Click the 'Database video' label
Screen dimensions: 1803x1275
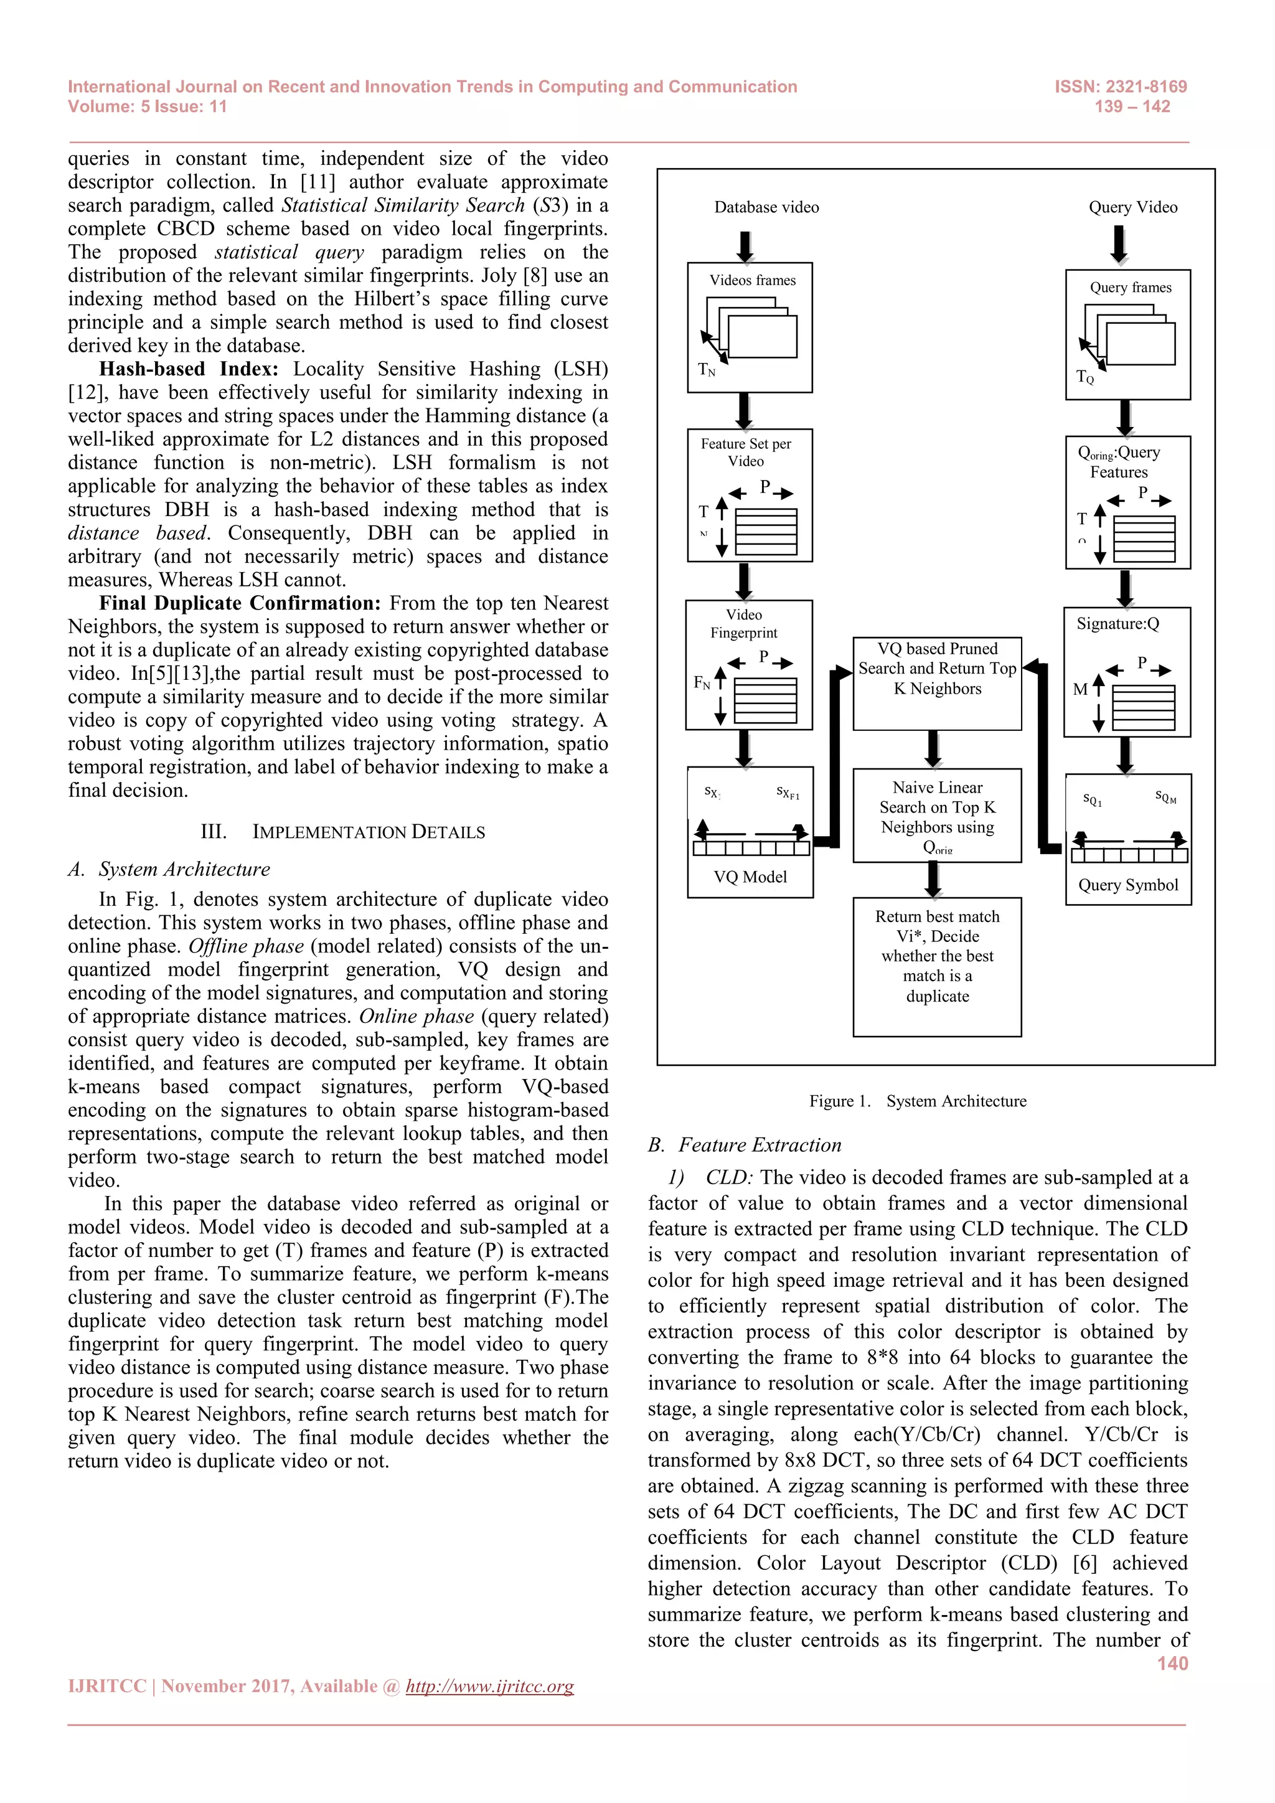pyautogui.click(x=766, y=207)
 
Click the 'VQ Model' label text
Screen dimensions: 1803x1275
pyautogui.click(x=750, y=877)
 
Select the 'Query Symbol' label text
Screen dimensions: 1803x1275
pyautogui.click(x=1128, y=885)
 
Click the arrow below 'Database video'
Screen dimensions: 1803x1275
pyautogui.click(x=745, y=247)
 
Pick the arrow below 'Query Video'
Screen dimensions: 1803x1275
pyautogui.click(x=1119, y=244)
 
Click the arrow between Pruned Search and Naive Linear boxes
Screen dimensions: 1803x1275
pyautogui.click(x=933, y=749)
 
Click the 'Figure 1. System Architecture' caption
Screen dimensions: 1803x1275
pyautogui.click(x=917, y=1101)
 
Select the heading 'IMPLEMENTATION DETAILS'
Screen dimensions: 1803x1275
pyautogui.click(x=368, y=832)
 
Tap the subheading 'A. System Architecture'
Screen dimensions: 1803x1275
pyautogui.click(x=169, y=869)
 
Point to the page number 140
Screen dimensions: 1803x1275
pyautogui.click(x=1172, y=1663)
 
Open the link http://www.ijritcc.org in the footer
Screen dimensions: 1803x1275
pyautogui.click(x=489, y=1686)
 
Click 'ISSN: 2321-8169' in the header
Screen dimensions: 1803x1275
pyautogui.click(x=1121, y=87)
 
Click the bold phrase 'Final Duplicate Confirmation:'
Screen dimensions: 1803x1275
pyautogui.click(x=240, y=603)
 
